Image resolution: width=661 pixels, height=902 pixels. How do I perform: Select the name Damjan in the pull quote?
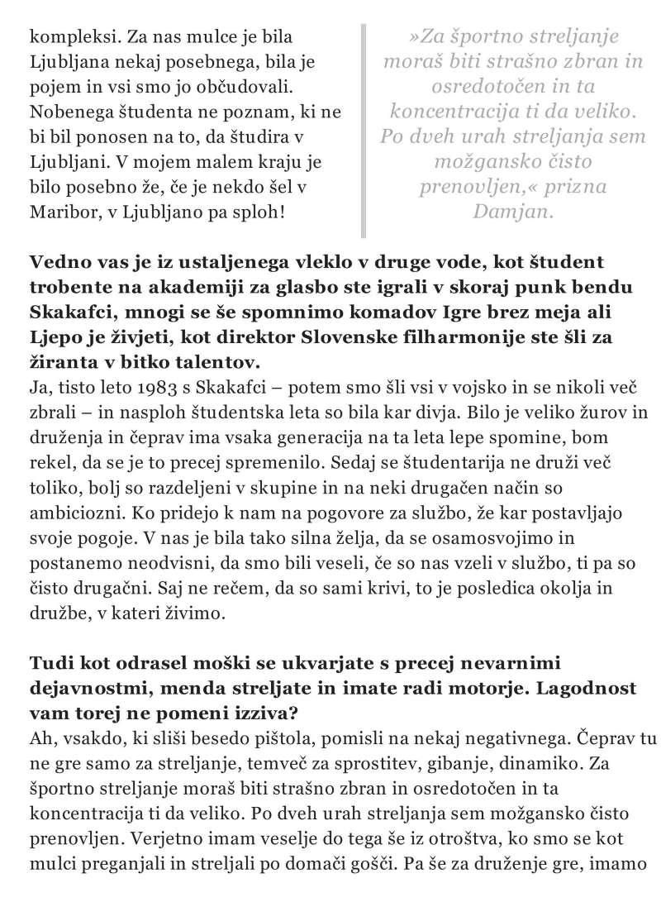tap(511, 212)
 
